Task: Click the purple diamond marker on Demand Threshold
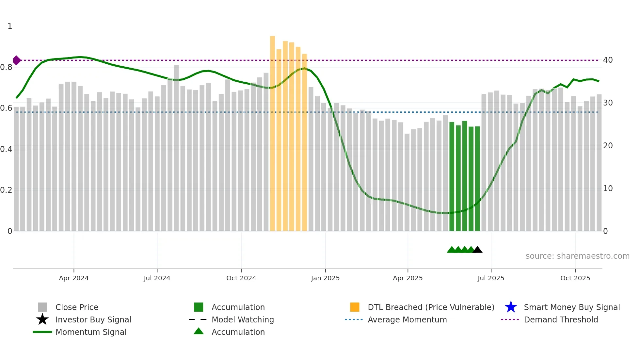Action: tap(17, 60)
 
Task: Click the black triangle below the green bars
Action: tap(477, 250)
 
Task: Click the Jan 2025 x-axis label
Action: tap(325, 278)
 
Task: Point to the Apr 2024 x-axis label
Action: tap(74, 278)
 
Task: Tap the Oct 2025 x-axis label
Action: tap(575, 278)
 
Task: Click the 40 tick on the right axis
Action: tap(608, 60)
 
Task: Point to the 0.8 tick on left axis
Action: tap(6, 67)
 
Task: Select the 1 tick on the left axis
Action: tap(10, 26)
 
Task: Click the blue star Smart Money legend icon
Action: tap(511, 307)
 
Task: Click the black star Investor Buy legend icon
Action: tap(42, 319)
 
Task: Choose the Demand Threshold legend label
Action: tap(561, 319)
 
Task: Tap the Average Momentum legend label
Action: tap(407, 319)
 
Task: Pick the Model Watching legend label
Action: tap(243, 319)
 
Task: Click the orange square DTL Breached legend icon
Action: tap(355, 307)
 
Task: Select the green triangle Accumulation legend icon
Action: tap(199, 332)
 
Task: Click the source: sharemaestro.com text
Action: tap(577, 256)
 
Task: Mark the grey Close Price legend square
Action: tap(42, 307)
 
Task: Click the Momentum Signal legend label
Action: tap(91, 332)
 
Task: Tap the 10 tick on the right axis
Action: tap(608, 188)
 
